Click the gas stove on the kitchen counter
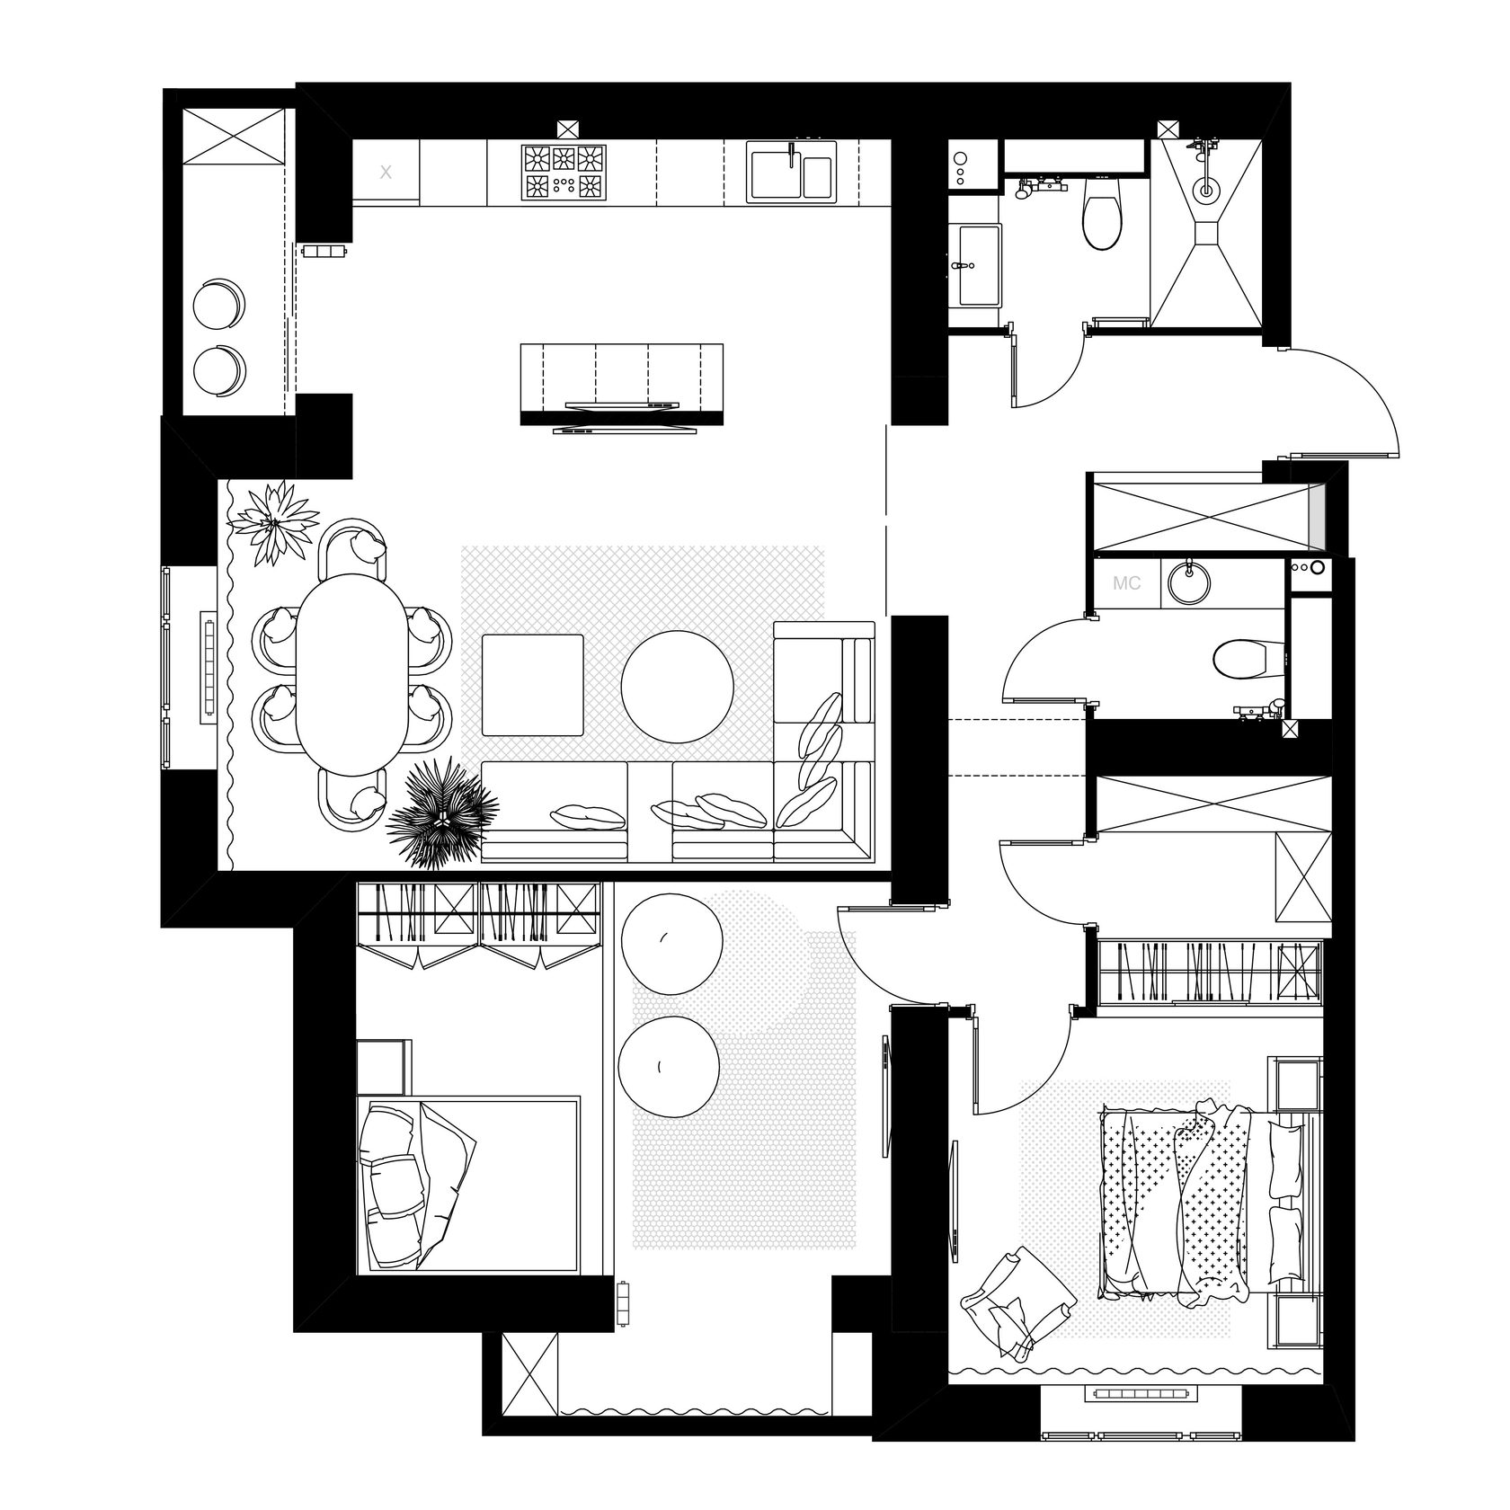coord(563,173)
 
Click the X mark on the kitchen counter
coord(386,172)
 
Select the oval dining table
coord(351,674)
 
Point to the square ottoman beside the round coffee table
coord(533,685)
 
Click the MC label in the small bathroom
coord(1126,583)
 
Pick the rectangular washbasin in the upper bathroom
coord(978,266)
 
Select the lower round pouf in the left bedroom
coord(669,1067)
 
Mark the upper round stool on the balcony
coord(218,303)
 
